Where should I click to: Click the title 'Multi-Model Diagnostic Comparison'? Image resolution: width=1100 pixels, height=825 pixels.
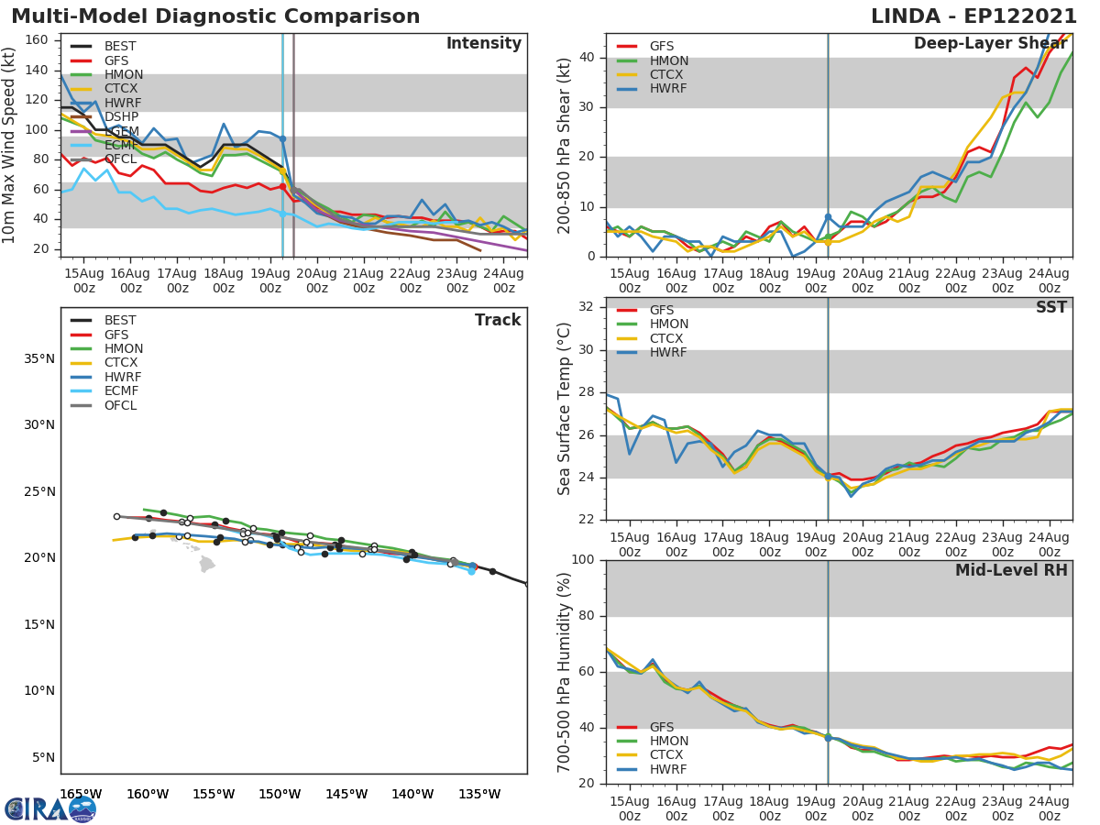215,16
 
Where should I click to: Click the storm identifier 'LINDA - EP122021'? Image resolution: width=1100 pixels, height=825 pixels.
973,16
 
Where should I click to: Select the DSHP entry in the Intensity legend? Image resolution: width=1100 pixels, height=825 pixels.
120,116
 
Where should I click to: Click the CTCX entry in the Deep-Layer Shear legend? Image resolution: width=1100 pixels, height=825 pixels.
668,74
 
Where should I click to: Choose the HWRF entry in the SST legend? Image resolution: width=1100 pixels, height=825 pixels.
668,353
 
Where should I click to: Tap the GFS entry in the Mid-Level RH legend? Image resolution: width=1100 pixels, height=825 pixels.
662,727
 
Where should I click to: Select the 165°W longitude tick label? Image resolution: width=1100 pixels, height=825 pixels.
81,794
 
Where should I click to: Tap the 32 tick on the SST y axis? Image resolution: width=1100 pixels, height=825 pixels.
588,307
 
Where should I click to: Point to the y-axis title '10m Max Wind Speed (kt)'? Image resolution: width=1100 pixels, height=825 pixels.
10,146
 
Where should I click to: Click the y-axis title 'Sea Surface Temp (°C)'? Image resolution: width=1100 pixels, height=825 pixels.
565,409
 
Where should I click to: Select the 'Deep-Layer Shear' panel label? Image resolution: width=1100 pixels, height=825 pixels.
990,44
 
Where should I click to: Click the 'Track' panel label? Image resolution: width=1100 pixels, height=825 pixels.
498,320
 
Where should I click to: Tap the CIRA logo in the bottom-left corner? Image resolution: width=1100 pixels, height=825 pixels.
50,808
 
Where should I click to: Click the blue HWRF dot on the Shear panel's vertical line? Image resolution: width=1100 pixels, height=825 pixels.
828,217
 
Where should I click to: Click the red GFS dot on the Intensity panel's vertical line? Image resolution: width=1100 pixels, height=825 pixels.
282,186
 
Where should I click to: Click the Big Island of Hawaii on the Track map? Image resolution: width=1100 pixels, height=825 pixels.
207,564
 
